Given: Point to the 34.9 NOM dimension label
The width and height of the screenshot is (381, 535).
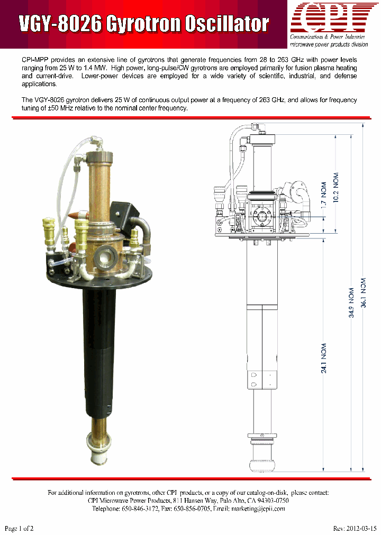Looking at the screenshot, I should pos(351,306).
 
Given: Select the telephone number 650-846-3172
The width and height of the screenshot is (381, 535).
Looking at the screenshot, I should pos(156,509).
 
